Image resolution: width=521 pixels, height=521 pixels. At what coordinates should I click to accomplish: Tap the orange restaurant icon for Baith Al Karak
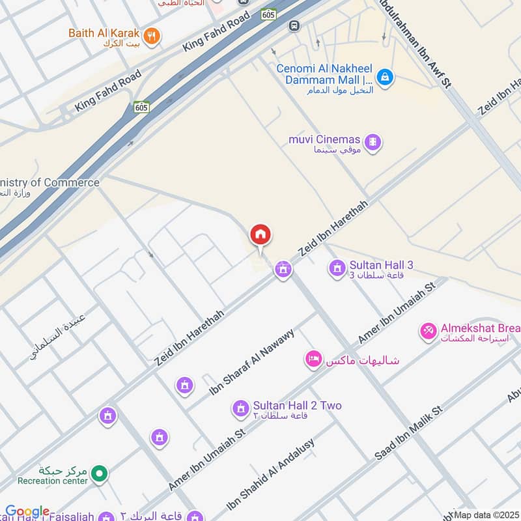click(x=151, y=36)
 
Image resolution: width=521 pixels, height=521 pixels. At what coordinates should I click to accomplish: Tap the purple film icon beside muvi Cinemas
click(x=373, y=141)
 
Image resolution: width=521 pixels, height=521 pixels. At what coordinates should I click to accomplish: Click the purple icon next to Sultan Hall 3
click(x=337, y=267)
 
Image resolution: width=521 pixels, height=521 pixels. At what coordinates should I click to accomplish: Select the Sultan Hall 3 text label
click(x=381, y=265)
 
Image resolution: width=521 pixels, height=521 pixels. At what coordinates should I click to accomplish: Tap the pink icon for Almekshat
click(x=428, y=331)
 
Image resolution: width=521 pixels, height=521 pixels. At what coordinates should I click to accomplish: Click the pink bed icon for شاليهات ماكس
click(x=314, y=359)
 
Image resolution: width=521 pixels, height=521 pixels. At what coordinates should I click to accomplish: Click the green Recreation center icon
click(x=99, y=473)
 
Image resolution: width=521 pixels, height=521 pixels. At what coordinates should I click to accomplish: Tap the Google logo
click(x=27, y=512)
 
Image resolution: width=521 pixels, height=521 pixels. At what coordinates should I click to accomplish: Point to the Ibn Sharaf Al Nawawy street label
click(x=252, y=362)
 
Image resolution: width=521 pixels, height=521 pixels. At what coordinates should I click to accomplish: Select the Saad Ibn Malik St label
click(x=408, y=434)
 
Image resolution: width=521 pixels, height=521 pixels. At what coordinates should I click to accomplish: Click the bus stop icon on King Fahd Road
click(x=294, y=25)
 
